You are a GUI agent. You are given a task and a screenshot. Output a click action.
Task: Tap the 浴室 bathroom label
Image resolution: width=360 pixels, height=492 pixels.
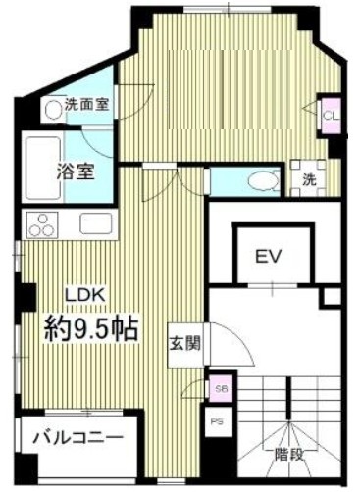[74, 170]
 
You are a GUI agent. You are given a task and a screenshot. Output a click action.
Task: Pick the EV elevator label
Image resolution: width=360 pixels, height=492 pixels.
[269, 258]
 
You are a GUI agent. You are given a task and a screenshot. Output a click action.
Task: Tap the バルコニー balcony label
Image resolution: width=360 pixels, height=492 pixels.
[75, 437]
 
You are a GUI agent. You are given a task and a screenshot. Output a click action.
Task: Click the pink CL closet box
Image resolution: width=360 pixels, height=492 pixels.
[331, 114]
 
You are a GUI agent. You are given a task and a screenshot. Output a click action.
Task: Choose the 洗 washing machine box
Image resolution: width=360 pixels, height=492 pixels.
[307, 180]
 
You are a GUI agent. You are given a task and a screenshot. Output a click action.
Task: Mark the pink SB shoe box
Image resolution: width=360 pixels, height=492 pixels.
[219, 388]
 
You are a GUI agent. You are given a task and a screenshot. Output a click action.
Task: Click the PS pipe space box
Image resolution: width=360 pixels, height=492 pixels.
[219, 420]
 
